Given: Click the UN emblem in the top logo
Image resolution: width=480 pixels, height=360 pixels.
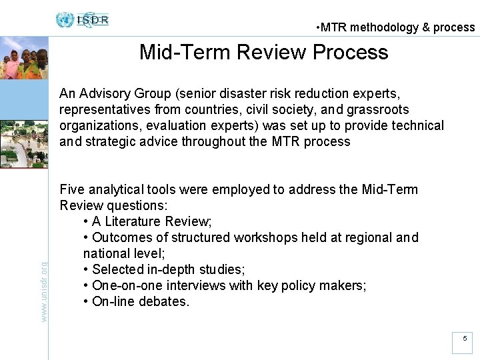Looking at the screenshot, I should [65, 20].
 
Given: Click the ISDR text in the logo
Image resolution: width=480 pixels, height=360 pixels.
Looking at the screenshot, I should [93, 19].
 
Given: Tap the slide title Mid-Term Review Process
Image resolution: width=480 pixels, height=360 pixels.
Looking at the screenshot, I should [263, 52].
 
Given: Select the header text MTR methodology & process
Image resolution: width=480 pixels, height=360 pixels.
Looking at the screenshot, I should [396, 27].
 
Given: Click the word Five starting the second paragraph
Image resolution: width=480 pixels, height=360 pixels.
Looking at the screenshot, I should [72, 189].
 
